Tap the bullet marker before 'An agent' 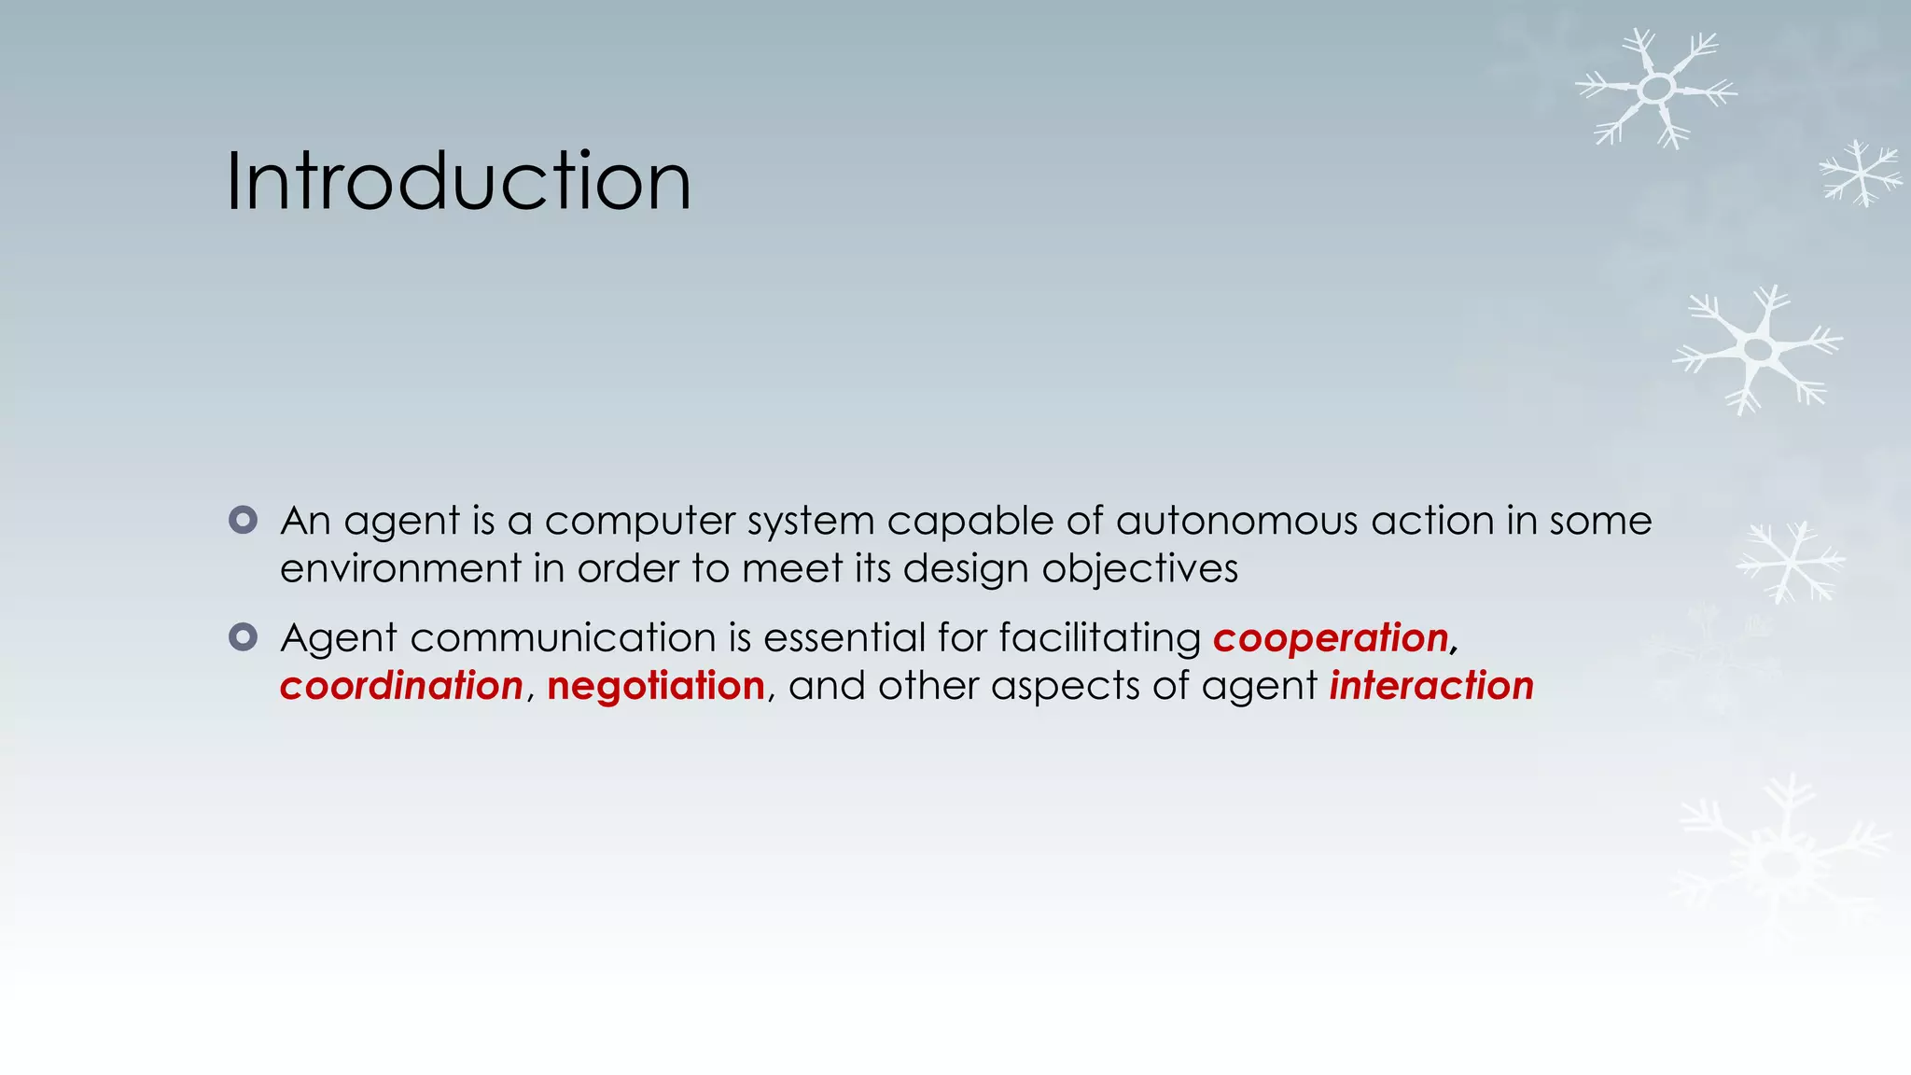point(243,520)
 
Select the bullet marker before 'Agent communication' point(243,637)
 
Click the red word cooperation point(1331,639)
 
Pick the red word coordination point(401,687)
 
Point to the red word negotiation point(656,687)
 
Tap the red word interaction point(1431,687)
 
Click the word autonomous point(1236,521)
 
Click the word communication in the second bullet point(563,638)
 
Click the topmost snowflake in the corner point(1656,89)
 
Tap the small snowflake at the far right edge point(1861,173)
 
